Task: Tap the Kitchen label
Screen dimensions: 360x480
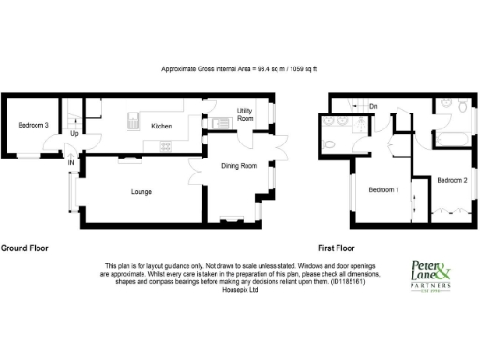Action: tap(161, 126)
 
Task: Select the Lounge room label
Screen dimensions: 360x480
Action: tap(141, 192)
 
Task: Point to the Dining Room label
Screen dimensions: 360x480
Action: tap(239, 166)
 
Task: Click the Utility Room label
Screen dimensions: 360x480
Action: tap(246, 114)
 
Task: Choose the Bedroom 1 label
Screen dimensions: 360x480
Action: tap(382, 191)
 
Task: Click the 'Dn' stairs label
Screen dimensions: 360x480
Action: tap(372, 107)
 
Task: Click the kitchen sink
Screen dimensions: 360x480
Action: tap(133, 120)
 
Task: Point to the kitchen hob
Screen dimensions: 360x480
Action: tap(166, 144)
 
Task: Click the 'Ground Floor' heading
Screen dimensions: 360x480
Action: tap(24, 248)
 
